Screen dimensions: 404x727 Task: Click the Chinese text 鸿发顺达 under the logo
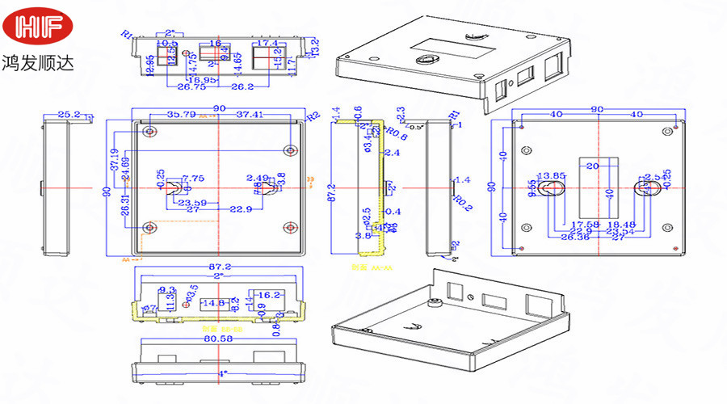pos(38,61)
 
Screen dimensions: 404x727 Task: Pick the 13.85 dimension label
pos(553,175)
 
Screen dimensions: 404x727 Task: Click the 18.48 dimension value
pos(620,224)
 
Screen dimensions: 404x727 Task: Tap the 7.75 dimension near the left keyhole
pos(193,178)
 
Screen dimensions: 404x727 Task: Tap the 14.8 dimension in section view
pos(213,303)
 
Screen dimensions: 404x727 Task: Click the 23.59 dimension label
pos(191,203)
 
